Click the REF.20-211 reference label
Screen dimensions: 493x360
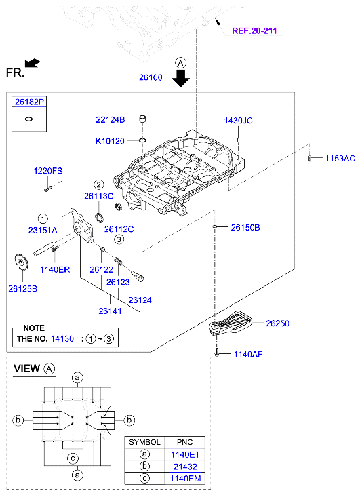coord(254,31)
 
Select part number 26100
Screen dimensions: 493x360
coord(151,78)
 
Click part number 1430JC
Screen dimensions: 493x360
coord(238,120)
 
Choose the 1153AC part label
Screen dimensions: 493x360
coord(340,158)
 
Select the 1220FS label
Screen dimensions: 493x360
coord(48,171)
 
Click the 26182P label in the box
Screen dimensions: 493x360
coord(29,101)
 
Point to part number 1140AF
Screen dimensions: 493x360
coord(247,354)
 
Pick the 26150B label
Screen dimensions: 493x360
coord(245,228)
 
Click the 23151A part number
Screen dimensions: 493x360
coord(43,231)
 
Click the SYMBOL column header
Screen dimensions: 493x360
coord(144,441)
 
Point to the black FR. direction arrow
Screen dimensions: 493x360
coord(33,63)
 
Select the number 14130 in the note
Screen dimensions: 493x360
coord(63,337)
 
